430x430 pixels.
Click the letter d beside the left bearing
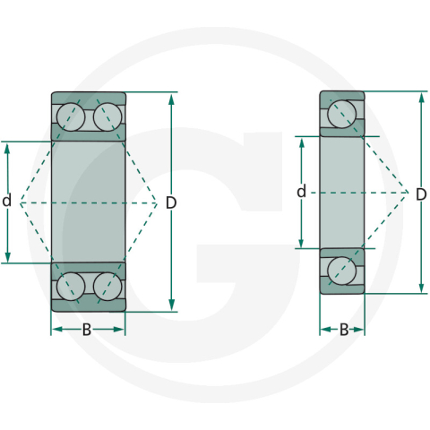tap(7, 202)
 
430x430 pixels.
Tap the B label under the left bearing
tap(87, 330)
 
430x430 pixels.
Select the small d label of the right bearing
tap(302, 192)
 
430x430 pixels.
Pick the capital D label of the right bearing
tap(421, 193)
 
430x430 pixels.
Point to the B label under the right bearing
tap(343, 330)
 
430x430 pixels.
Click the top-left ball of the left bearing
tap(71, 118)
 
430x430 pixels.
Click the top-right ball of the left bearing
tap(107, 118)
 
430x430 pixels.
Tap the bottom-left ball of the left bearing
tap(71, 286)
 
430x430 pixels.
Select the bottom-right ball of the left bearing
tap(107, 286)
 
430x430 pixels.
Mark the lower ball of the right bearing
tap(341, 270)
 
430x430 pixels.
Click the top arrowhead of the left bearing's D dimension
tap(171, 97)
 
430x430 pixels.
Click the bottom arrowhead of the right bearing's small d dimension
tap(302, 244)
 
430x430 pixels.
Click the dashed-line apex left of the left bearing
tap(20, 202)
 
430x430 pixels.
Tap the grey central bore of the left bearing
tap(88, 202)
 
